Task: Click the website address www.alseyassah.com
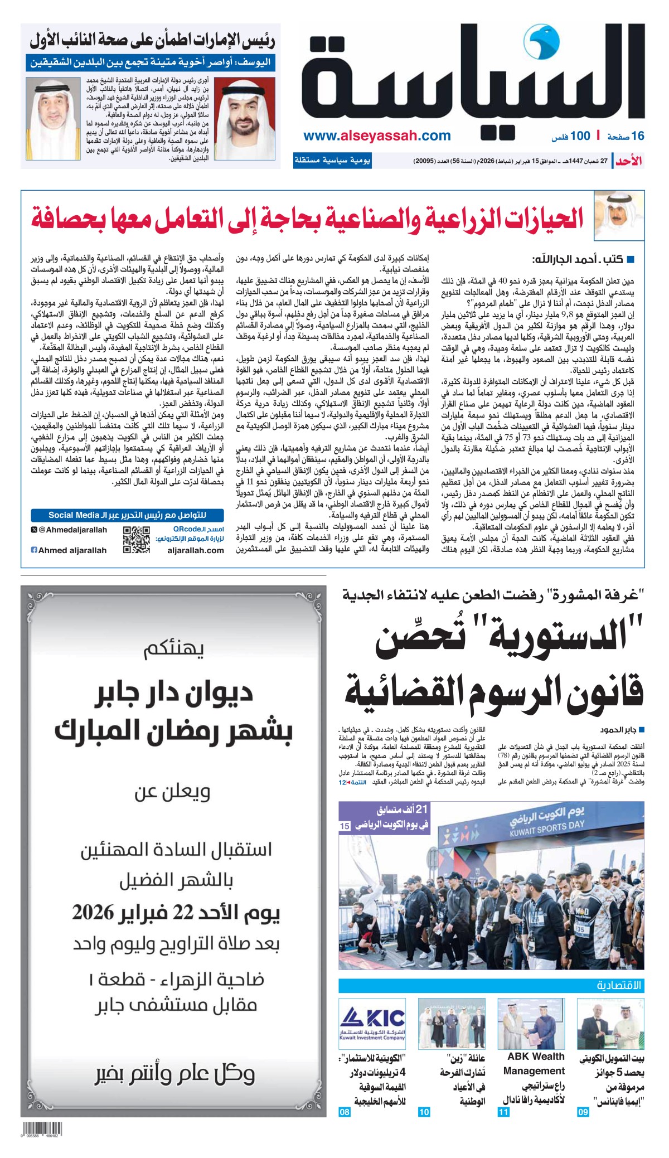(x=377, y=135)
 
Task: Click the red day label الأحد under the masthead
(x=629, y=162)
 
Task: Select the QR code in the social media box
(x=136, y=539)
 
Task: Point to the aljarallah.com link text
(x=195, y=550)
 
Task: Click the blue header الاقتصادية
(x=619, y=986)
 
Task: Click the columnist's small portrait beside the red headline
(x=618, y=216)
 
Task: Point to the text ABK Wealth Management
(x=534, y=1063)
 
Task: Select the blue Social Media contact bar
(x=127, y=515)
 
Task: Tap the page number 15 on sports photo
(x=345, y=826)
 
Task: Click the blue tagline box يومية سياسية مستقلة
(x=332, y=161)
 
